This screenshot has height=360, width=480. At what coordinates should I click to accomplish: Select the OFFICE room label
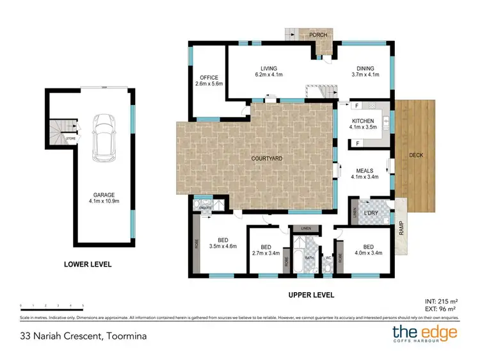(x=208, y=78)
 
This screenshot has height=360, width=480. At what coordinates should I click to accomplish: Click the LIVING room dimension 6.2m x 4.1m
(x=268, y=74)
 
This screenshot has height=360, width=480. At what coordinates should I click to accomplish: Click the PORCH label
(x=318, y=35)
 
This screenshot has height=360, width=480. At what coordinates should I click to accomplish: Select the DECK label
(x=415, y=154)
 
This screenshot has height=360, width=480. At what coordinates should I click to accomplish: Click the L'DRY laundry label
(x=371, y=211)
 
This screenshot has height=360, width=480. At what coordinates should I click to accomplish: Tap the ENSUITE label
(x=205, y=208)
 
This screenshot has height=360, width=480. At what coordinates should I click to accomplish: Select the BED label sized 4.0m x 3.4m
(x=368, y=245)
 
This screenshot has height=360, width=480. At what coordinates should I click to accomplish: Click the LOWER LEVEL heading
(x=88, y=264)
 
